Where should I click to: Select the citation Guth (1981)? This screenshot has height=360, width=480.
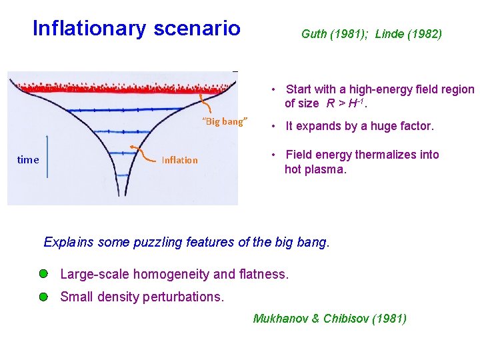[x=335, y=34]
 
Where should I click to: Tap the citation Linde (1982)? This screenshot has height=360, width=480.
[x=408, y=34]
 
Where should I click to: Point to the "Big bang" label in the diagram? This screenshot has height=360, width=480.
[x=225, y=121]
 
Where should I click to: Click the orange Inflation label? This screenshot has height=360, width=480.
[x=179, y=160]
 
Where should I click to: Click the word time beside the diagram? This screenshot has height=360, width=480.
[x=28, y=160]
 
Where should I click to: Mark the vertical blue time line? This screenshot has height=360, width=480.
[x=48, y=156]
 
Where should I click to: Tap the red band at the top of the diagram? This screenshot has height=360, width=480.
[x=123, y=87]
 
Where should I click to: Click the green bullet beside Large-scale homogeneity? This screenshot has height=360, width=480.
[x=43, y=274]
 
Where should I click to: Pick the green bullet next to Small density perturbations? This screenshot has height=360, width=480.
[x=43, y=297]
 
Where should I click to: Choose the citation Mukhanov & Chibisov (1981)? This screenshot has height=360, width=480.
[x=329, y=319]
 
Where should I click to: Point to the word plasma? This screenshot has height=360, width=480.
[x=326, y=169]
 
